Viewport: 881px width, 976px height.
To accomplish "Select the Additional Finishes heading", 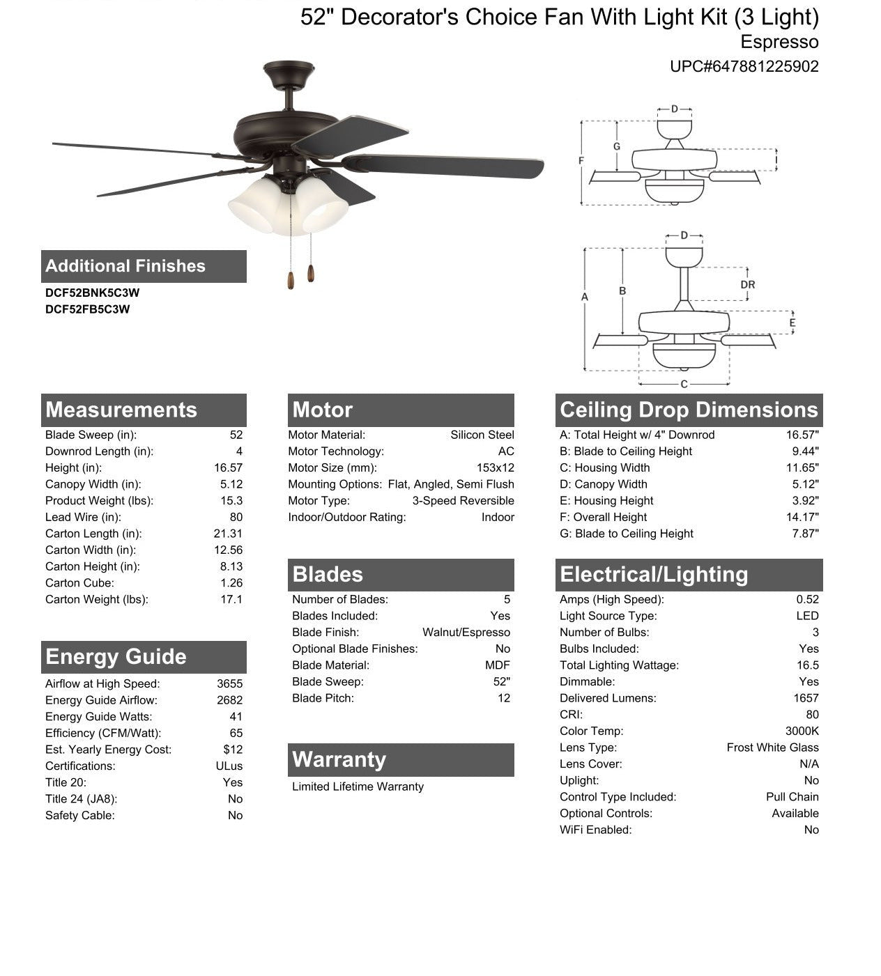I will (125, 266).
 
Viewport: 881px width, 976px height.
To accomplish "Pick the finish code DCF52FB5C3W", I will (87, 309).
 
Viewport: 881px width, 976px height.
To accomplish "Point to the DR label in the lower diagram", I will (748, 284).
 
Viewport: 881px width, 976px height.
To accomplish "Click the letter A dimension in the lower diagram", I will (585, 297).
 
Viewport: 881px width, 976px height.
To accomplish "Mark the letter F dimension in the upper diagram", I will (581, 161).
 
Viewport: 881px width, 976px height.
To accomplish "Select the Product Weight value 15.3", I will (231, 501).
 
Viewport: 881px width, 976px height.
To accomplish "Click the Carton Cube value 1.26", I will (231, 583).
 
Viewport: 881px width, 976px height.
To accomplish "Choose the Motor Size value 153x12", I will (495, 468).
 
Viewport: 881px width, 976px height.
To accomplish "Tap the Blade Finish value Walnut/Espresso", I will (466, 633).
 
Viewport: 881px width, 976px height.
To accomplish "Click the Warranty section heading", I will (339, 759).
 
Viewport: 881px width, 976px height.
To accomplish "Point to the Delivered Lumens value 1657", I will (806, 698).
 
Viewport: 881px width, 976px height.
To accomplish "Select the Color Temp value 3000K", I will (802, 731).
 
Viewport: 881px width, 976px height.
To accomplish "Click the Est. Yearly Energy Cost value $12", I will (233, 750).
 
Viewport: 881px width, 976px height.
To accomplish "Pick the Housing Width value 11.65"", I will (802, 468).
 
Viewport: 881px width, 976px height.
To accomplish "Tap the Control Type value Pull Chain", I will (792, 797).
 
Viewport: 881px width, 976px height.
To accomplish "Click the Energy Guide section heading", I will (116, 657).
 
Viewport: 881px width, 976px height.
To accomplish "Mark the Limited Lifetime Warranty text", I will (358, 787).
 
